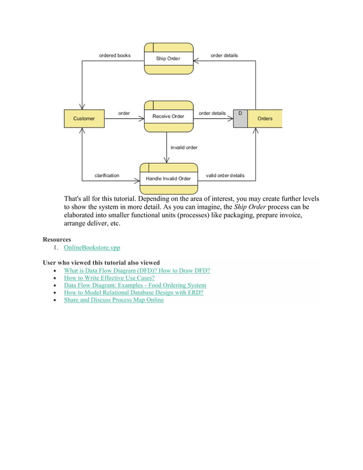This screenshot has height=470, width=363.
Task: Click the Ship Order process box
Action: (168, 58)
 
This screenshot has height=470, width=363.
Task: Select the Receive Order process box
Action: (168, 116)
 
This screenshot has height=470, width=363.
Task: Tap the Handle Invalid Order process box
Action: (168, 178)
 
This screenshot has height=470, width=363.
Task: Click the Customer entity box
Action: (84, 118)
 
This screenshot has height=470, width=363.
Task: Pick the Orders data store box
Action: (265, 118)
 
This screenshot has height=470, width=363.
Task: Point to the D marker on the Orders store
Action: (240, 114)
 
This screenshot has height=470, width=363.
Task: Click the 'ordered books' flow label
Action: (114, 55)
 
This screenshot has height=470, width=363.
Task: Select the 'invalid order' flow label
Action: (184, 147)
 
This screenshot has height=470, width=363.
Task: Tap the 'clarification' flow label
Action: (107, 175)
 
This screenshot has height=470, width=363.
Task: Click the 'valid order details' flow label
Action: (225, 175)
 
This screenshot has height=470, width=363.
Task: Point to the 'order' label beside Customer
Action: (123, 113)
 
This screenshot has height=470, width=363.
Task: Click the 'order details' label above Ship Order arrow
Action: (224, 55)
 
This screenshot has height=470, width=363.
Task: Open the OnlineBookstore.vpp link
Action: (92, 248)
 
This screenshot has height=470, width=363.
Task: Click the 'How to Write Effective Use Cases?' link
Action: (109, 278)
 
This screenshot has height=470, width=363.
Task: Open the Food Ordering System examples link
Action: (135, 286)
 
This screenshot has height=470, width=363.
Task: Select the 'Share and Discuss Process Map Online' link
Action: (114, 300)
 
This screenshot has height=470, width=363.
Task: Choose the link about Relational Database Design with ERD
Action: (133, 292)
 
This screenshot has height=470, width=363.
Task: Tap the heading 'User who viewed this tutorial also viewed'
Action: (101, 263)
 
